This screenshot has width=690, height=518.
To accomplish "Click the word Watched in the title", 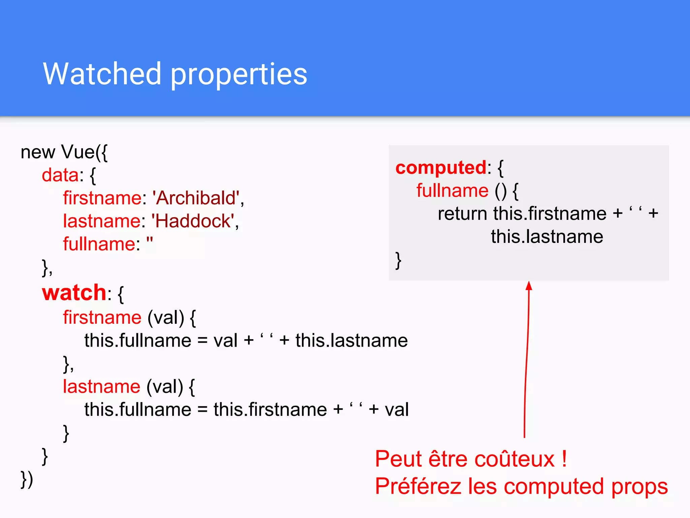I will (102, 74).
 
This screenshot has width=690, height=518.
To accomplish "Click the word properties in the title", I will (239, 75).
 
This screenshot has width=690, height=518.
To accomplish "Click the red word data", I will (60, 175).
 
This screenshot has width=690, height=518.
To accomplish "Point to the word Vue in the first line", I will (78, 152).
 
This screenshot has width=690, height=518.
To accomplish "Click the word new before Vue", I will (38, 152).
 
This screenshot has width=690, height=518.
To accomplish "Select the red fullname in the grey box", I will (452, 191).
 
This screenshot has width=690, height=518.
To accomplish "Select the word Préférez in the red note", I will (418, 486).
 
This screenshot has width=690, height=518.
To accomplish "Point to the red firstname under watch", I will (102, 317).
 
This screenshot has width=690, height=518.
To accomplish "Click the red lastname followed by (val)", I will (101, 386).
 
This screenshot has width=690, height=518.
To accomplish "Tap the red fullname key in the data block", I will (99, 244).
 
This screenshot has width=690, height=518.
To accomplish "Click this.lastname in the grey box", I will (546, 237).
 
